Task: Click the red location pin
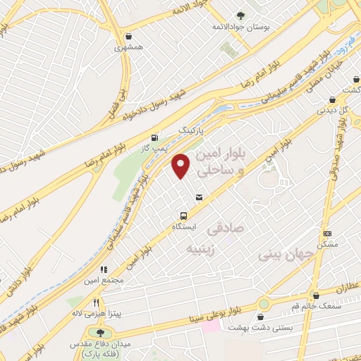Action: click(181, 165)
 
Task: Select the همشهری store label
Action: click(128, 50)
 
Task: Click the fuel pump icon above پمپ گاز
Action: click(154, 137)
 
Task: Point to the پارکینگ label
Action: click(192, 131)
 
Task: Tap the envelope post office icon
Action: click(200, 197)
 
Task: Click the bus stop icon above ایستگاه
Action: click(184, 216)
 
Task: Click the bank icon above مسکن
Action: click(327, 233)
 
